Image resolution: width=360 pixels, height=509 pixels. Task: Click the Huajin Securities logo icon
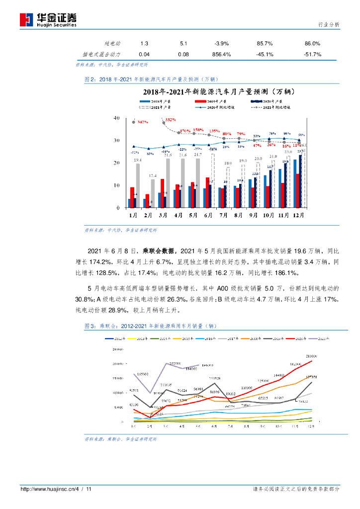(26, 19)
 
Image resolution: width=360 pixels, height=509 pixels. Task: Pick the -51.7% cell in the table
(312, 54)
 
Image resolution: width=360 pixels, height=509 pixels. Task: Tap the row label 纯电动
(112, 44)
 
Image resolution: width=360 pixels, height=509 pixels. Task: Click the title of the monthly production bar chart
(216, 91)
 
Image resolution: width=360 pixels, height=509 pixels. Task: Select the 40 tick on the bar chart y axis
(117, 118)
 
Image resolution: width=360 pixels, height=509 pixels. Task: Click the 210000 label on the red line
(312, 356)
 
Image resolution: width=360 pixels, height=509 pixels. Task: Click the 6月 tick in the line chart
(214, 426)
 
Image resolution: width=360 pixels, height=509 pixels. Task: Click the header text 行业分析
(328, 25)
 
